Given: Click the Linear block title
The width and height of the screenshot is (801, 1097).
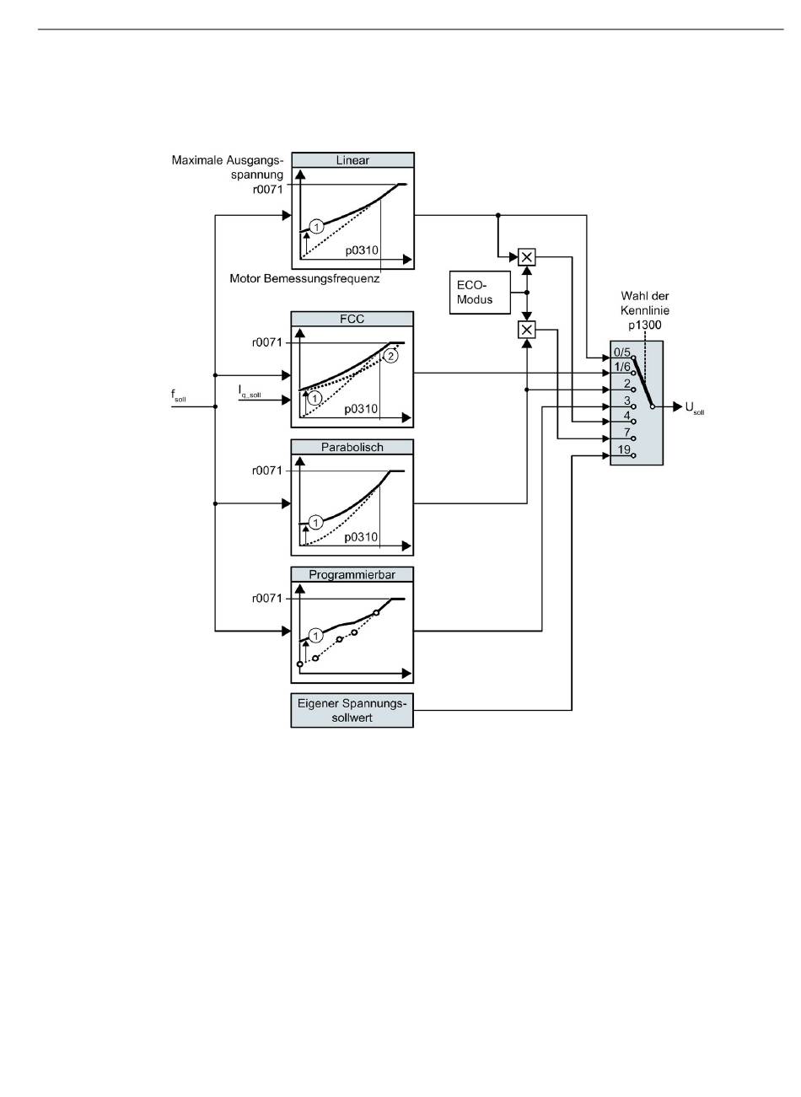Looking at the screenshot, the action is [352, 160].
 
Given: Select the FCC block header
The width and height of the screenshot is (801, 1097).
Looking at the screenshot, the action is [352, 319].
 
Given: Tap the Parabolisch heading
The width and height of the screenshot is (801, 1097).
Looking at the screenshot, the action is [352, 447].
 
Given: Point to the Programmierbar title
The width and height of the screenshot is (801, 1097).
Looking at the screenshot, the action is [352, 575].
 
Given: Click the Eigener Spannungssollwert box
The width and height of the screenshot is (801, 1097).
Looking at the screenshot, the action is [352, 711].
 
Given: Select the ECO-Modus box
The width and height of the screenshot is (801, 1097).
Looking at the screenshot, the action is [480, 293].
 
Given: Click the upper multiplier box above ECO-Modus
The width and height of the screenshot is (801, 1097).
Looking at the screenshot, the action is [527, 256].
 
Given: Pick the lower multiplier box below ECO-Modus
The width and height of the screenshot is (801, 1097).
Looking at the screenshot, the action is [527, 330].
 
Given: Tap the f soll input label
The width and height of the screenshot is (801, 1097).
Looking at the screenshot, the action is [179, 395].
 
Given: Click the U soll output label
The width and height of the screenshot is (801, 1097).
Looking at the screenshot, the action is [695, 407].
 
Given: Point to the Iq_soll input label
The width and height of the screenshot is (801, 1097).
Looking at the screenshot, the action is [250, 391].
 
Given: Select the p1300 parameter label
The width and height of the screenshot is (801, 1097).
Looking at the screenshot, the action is [645, 325].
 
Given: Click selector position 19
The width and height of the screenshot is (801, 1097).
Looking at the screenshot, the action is [624, 449].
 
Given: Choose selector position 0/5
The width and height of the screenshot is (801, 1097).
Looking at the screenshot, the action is [622, 352].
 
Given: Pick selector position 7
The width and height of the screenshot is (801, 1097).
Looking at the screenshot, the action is [626, 433].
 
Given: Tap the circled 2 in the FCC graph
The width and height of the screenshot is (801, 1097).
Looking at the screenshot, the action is [390, 356].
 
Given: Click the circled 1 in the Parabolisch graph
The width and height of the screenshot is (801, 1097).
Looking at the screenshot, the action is [316, 523].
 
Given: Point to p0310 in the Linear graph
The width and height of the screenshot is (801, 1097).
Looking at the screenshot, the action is [362, 250].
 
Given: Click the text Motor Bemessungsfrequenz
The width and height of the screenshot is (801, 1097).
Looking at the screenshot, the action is [304, 278].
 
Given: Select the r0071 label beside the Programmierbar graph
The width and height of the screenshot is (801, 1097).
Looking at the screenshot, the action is [267, 599].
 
